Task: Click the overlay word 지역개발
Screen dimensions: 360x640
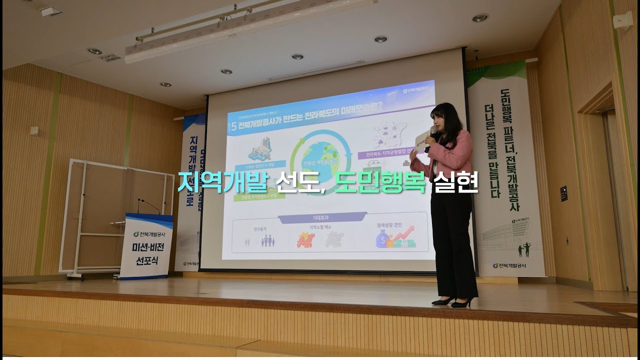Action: coord(223,182)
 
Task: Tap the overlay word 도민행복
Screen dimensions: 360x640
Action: coord(380,182)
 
